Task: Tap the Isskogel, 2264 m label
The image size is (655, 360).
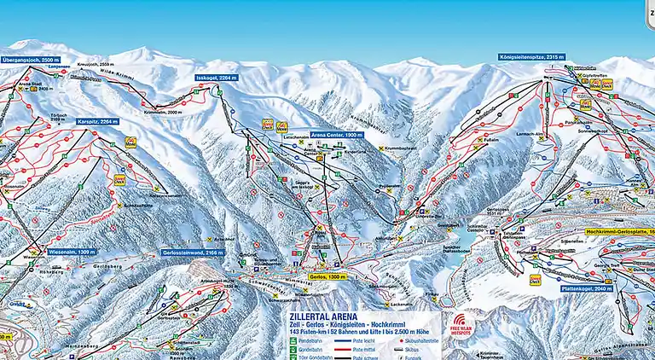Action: (x=217, y=78)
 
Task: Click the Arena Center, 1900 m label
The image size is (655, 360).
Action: (x=337, y=135)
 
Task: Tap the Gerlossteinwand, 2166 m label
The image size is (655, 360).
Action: (x=193, y=253)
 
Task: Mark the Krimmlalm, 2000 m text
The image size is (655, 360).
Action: (x=163, y=112)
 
